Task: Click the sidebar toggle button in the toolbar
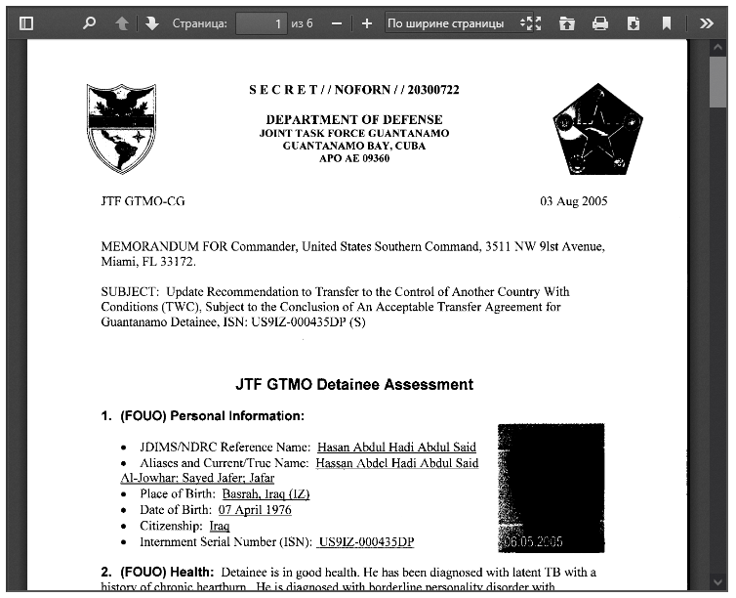click(x=26, y=22)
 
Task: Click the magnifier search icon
click(x=90, y=22)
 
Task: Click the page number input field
click(x=262, y=22)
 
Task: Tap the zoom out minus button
click(x=337, y=22)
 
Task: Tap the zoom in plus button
click(x=366, y=22)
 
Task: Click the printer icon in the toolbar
click(x=600, y=22)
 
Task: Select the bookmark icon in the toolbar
click(x=667, y=22)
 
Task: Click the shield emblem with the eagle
click(x=121, y=128)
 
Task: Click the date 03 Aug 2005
click(x=574, y=201)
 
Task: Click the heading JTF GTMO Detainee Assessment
click(x=354, y=384)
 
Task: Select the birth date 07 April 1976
click(x=255, y=510)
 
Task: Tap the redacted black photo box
click(x=551, y=487)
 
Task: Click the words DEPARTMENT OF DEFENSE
click(x=354, y=120)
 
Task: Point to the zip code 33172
click(x=179, y=262)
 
